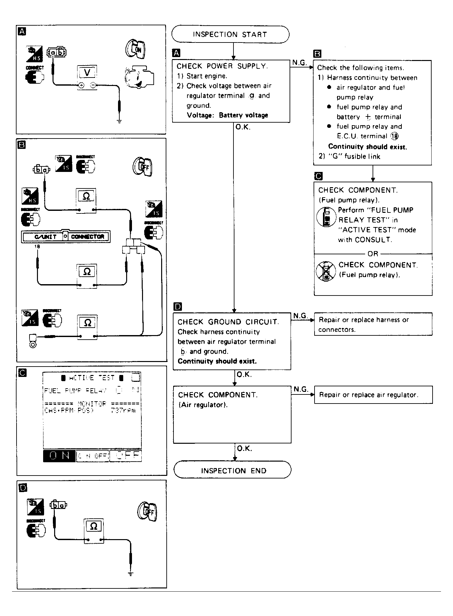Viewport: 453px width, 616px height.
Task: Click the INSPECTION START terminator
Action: (x=230, y=34)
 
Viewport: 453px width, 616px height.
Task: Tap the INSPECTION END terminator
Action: (x=232, y=471)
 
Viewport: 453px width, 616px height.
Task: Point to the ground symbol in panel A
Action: (x=119, y=122)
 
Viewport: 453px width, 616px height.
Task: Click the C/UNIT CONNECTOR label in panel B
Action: (x=66, y=236)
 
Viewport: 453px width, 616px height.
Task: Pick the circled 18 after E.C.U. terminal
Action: (x=395, y=136)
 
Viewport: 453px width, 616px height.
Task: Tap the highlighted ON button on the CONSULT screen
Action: (x=59, y=456)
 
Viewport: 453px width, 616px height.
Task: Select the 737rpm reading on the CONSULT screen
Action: (x=123, y=411)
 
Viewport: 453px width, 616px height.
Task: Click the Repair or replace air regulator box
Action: (x=373, y=395)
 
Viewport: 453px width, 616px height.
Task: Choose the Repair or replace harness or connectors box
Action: (x=373, y=324)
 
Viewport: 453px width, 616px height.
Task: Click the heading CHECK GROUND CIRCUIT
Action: (x=228, y=322)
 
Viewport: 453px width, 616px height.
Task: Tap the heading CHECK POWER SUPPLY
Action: (x=222, y=66)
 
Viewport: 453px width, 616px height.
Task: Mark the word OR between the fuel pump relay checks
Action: (x=373, y=254)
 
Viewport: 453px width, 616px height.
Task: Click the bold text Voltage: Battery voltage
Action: (x=227, y=115)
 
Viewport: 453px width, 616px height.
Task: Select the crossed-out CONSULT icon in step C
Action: (x=326, y=271)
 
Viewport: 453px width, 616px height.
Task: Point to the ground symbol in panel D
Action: (x=130, y=574)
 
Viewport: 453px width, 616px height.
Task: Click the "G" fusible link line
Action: (x=349, y=156)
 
